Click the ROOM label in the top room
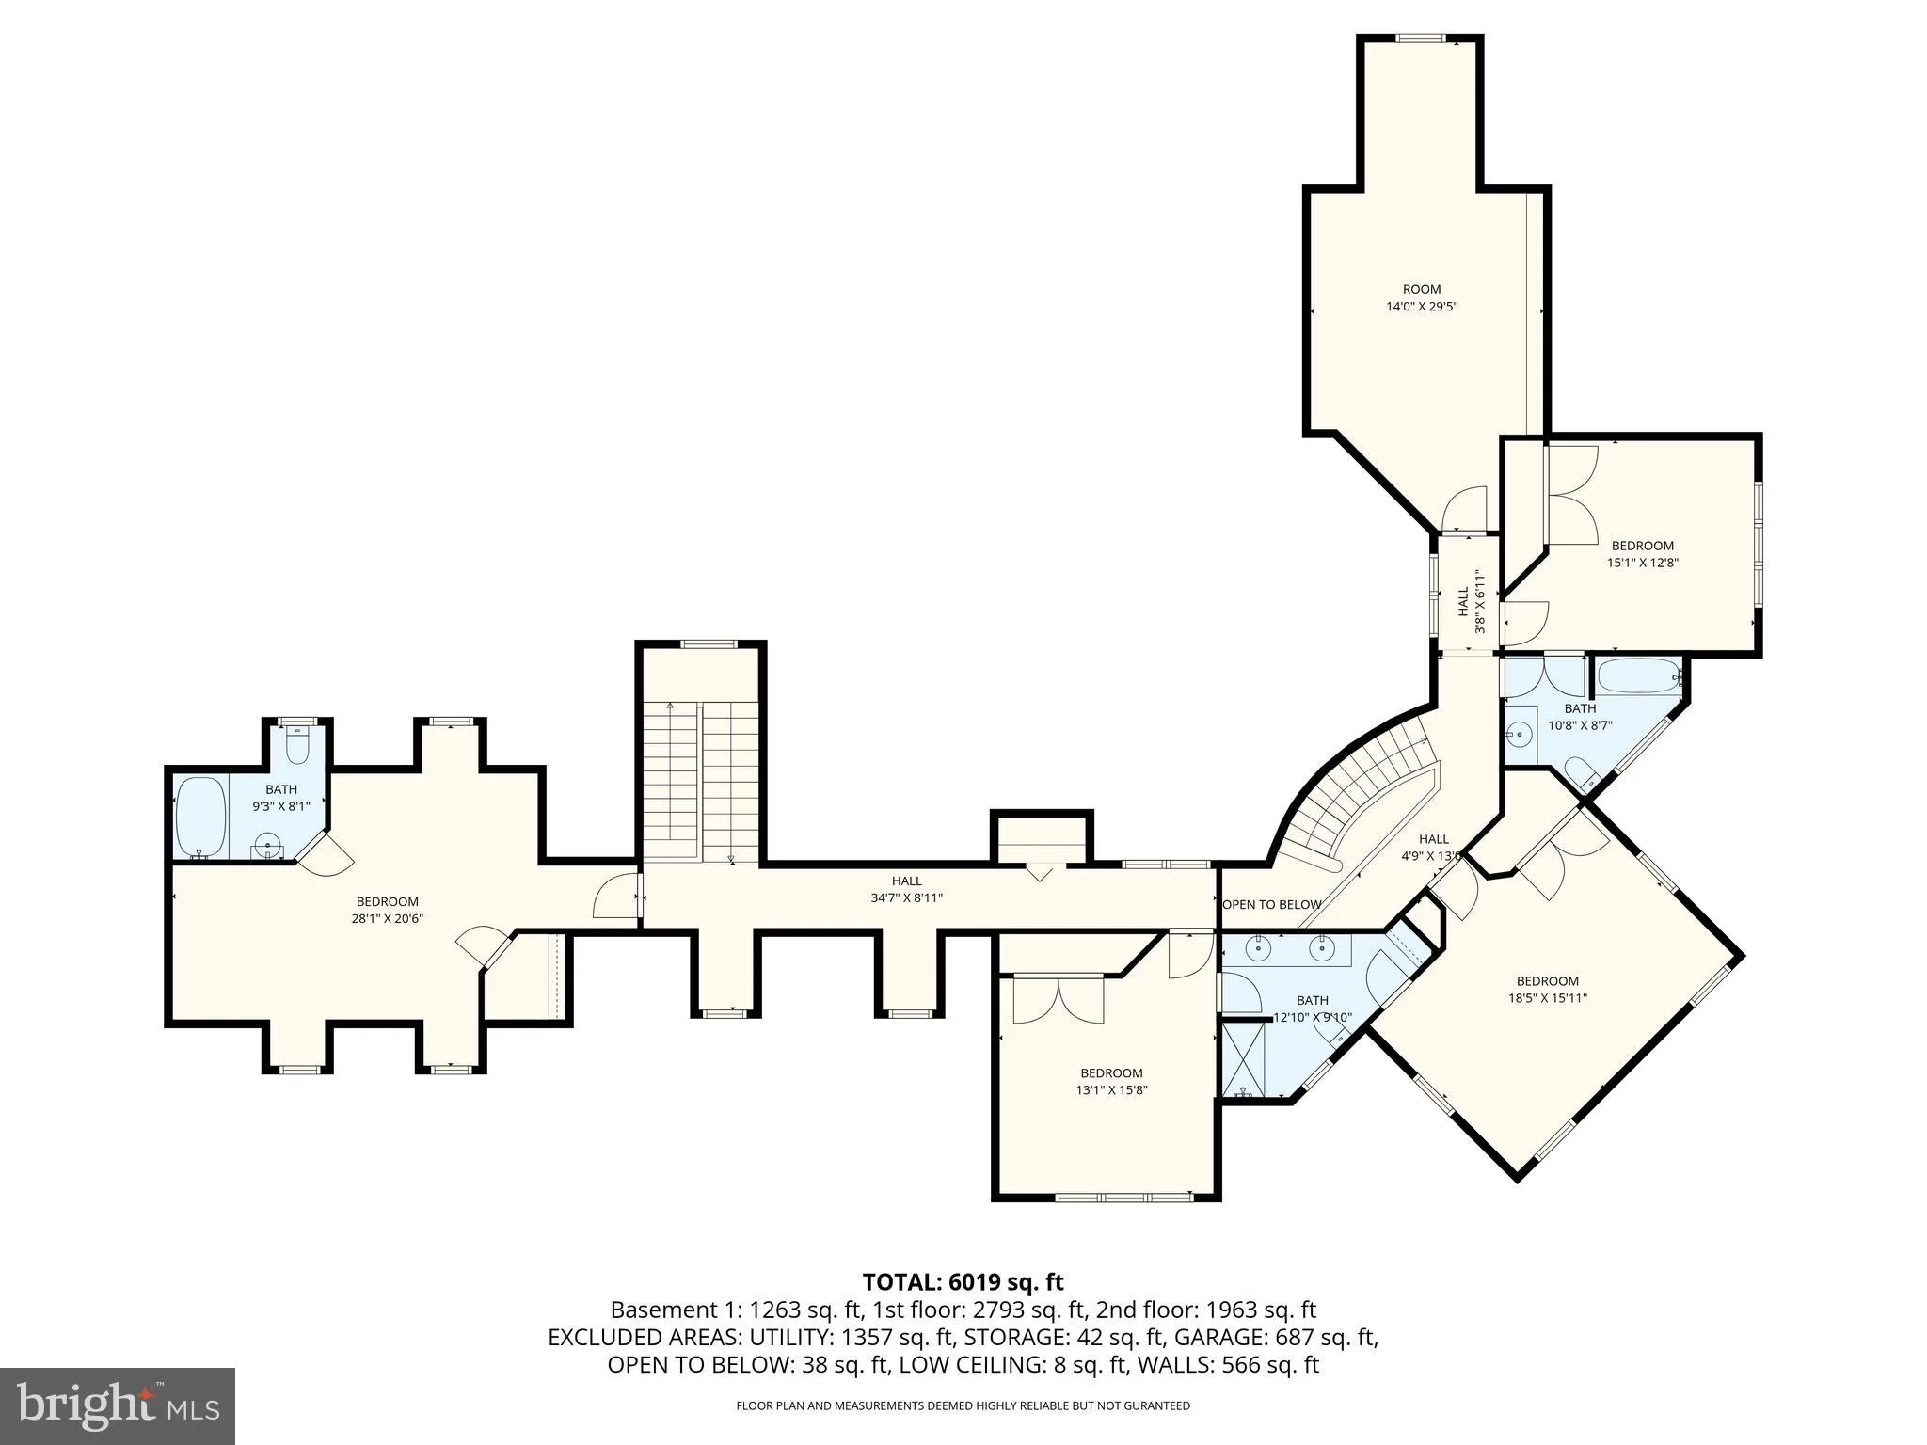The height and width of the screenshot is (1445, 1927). [1422, 289]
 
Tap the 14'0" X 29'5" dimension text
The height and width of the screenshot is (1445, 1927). [1422, 306]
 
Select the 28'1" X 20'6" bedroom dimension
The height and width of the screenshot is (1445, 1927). [388, 918]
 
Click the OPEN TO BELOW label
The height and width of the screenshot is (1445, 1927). [1272, 904]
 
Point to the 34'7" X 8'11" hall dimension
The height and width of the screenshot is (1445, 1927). [907, 897]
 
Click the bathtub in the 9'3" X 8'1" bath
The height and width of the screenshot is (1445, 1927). [199, 817]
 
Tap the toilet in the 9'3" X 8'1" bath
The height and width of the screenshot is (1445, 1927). [297, 745]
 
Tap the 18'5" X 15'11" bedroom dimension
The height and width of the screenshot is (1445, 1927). [1548, 998]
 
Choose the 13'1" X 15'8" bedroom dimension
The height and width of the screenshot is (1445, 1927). [1112, 1090]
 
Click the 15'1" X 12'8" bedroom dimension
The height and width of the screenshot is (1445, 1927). [1643, 563]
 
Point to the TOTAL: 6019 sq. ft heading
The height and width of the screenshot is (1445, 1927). [963, 1281]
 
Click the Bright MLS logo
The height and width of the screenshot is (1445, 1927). [118, 1406]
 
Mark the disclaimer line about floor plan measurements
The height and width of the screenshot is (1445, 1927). [963, 1406]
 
